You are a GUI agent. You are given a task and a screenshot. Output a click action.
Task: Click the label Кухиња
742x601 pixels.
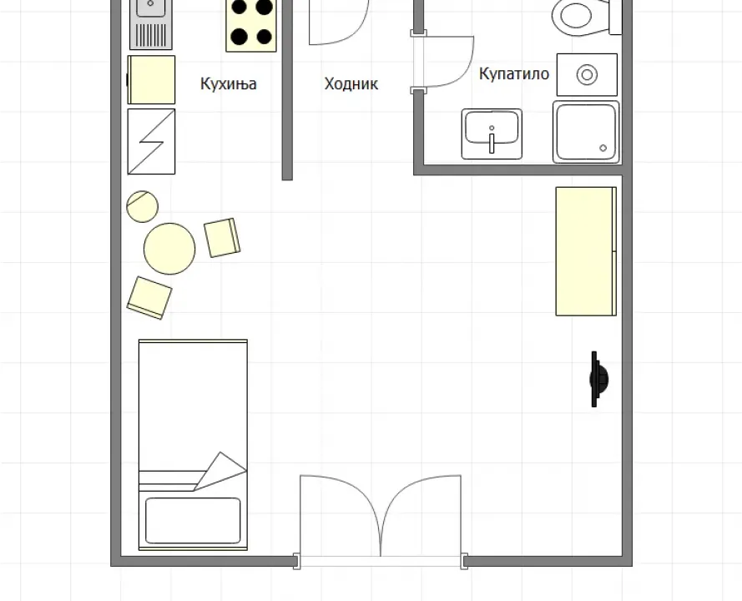coord(228,83)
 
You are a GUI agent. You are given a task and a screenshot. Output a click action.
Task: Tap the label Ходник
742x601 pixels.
coord(351,83)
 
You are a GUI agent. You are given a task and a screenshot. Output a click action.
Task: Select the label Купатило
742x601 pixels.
coord(513,73)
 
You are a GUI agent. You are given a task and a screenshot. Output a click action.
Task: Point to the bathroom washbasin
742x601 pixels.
coord(492,134)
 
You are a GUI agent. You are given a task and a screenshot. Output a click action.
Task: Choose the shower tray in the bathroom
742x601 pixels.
coord(586,132)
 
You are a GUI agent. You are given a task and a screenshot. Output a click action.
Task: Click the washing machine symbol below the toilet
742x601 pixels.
coord(587,75)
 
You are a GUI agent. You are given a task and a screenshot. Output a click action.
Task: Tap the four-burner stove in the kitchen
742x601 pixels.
coord(251,23)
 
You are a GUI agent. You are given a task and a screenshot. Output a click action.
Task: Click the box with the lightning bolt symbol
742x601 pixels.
coord(151,141)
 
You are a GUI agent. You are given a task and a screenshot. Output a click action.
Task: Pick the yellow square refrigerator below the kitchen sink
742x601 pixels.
coord(152,79)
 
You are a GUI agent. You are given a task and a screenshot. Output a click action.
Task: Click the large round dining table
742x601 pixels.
coord(169,248)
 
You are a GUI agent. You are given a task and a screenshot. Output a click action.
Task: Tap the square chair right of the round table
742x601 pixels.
coord(222,237)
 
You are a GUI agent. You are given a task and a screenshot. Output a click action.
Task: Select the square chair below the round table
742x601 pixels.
coord(149,296)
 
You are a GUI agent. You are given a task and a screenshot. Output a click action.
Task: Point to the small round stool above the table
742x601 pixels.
coord(142,205)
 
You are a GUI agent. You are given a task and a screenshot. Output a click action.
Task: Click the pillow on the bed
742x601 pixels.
coord(193,520)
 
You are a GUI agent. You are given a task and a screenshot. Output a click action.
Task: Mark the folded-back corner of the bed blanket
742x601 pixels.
coord(220,471)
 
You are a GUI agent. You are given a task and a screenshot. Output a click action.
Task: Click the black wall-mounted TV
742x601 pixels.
coord(598,379)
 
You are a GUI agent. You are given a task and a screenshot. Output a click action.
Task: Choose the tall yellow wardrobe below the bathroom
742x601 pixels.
coord(586,250)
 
